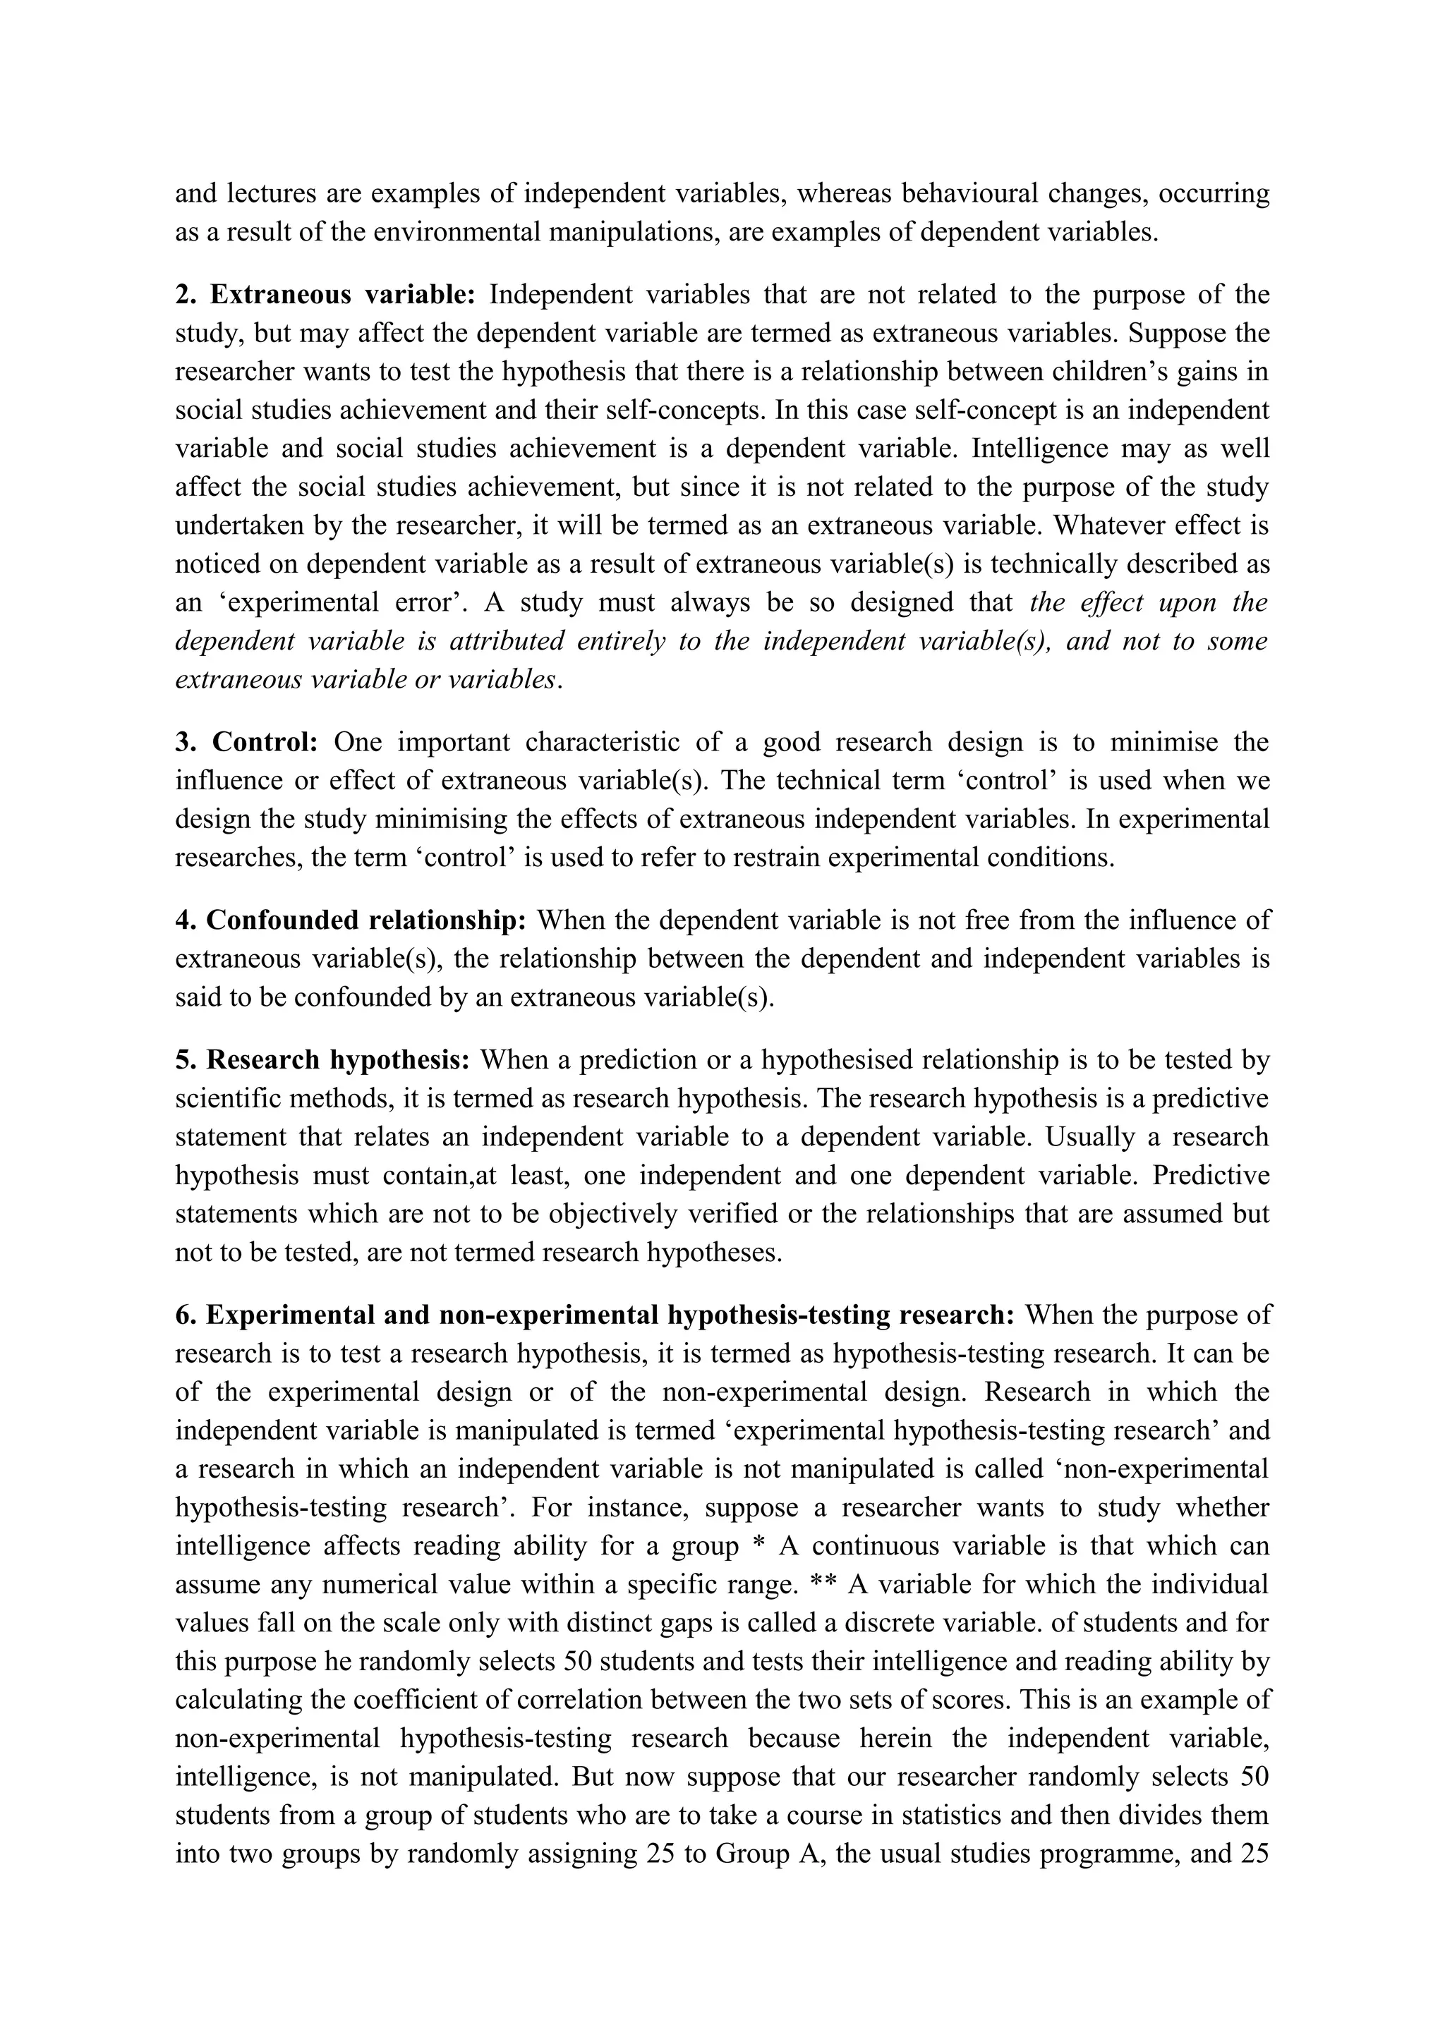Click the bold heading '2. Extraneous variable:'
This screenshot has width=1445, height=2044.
[326, 295]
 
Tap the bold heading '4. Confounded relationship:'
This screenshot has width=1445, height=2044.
[351, 920]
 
